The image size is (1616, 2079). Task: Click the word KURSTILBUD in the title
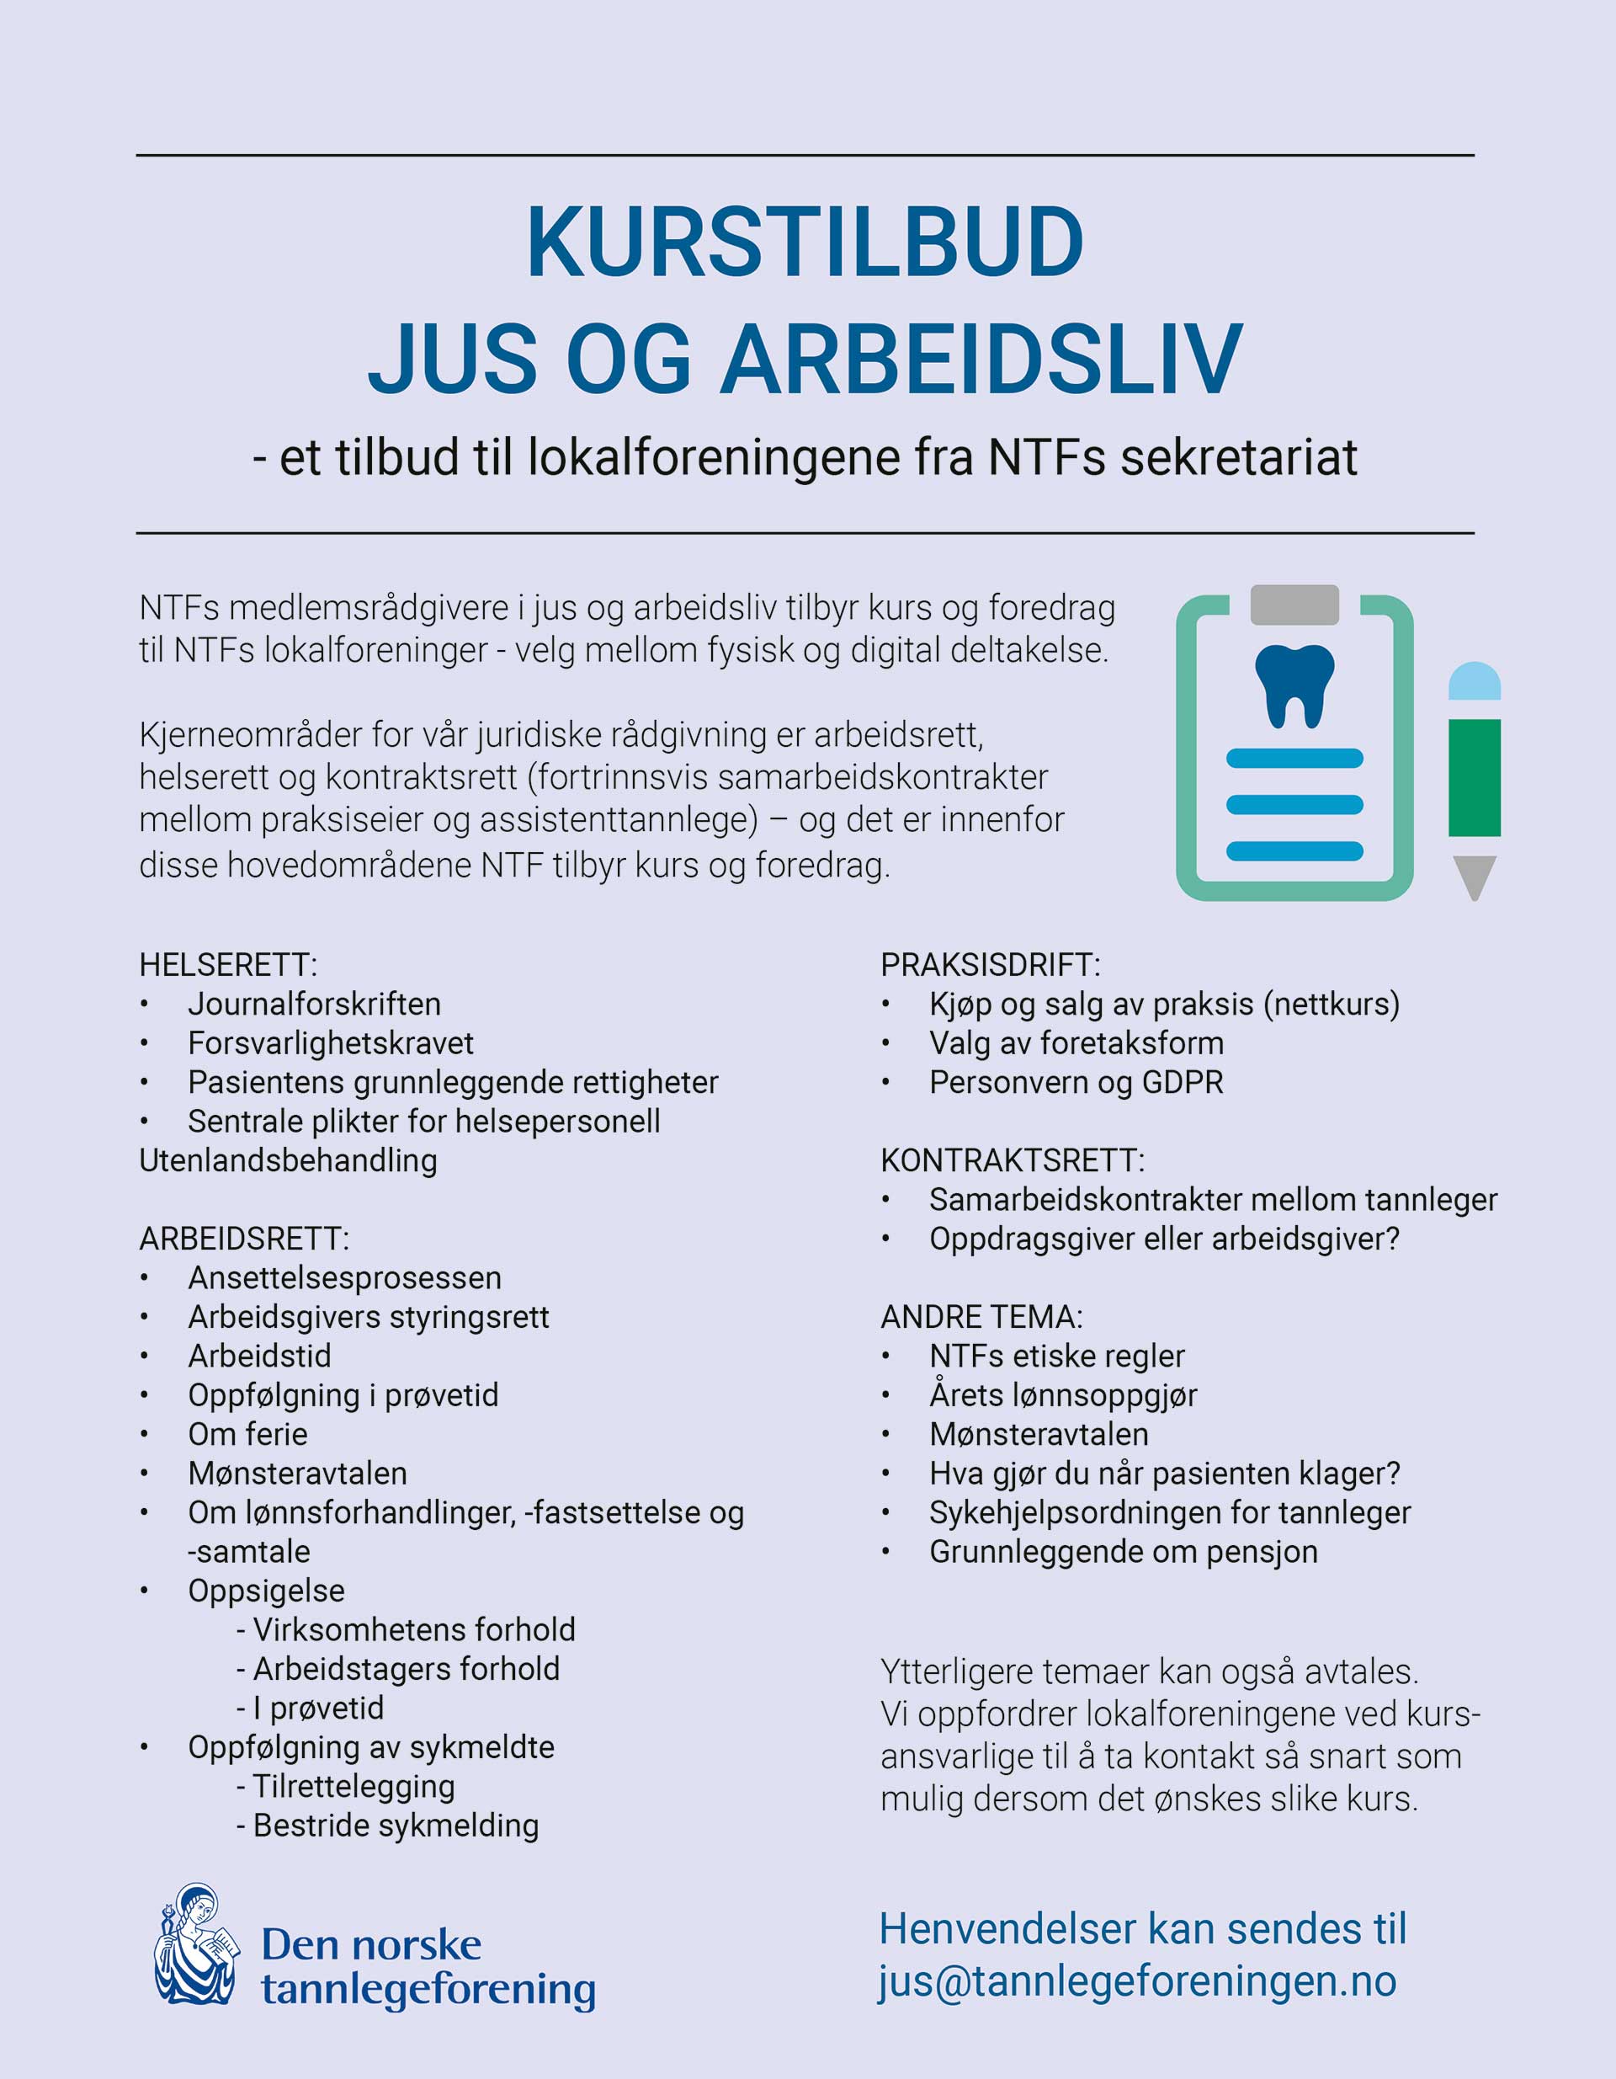805,243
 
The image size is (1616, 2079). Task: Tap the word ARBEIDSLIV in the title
981,360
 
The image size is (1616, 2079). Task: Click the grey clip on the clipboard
1294,605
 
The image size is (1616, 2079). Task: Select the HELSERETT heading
227,964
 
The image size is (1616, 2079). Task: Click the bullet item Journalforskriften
314,1004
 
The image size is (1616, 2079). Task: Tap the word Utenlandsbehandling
287,1159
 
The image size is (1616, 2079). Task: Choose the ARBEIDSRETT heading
243,1239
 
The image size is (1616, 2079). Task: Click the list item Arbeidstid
259,1356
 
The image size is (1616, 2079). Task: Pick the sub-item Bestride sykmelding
395,1825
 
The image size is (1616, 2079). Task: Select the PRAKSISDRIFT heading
990,964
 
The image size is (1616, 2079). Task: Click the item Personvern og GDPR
1076,1081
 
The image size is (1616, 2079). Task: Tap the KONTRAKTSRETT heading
1012,1159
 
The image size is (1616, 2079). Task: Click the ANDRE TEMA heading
981,1316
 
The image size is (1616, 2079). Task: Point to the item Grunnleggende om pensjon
1123,1551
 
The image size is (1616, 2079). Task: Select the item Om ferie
247,1434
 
